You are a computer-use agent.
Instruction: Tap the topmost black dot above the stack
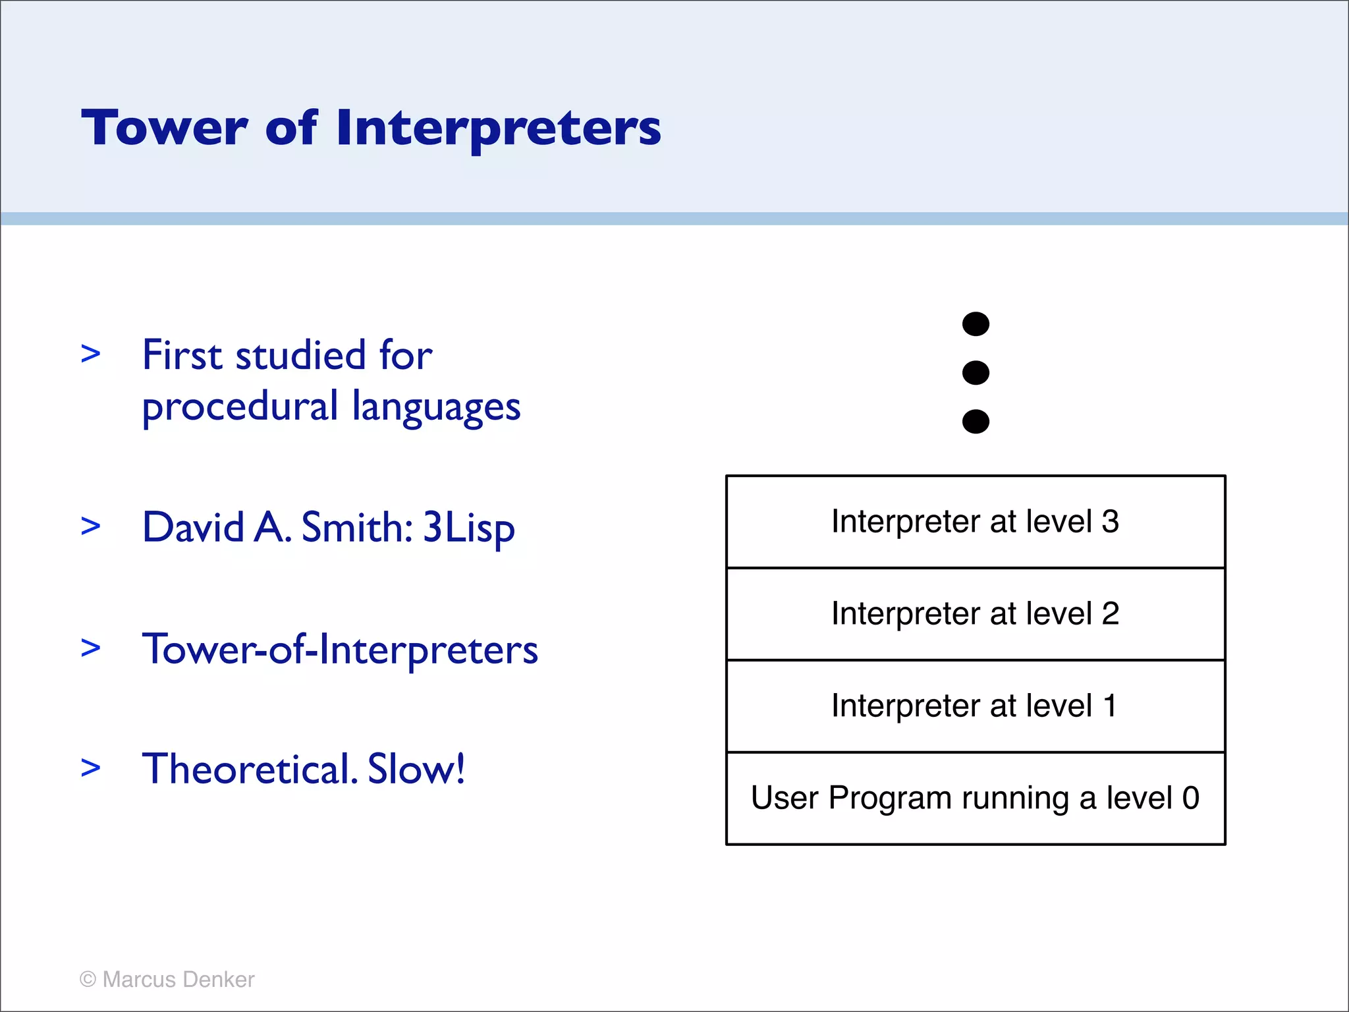976,324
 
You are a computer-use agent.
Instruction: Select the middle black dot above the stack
976,373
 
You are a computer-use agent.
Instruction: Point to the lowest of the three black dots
976,422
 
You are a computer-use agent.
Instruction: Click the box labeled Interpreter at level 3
976,522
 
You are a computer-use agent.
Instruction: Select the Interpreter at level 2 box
976,614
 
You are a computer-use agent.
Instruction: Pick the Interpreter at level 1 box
976,706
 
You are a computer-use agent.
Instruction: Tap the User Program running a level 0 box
976,799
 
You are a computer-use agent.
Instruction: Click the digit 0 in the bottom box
1190,799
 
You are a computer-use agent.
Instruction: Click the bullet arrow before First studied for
91,354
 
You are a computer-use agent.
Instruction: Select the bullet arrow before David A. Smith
91,526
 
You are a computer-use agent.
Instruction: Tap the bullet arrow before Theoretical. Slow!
91,768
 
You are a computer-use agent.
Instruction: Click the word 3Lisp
468,529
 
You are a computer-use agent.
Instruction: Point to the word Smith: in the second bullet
357,528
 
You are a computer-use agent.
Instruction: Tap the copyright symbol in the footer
88,980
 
